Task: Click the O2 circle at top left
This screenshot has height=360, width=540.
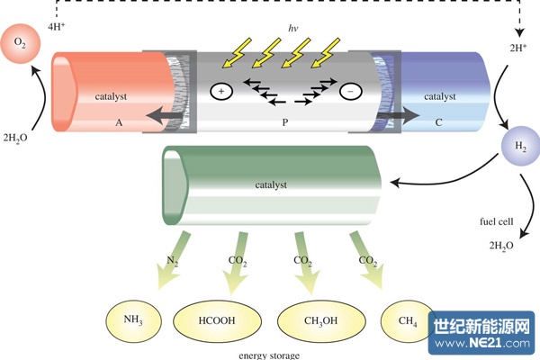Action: pyautogui.click(x=22, y=42)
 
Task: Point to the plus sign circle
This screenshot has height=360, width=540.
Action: pyautogui.click(x=220, y=90)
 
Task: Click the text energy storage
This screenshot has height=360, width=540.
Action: pyautogui.click(x=269, y=355)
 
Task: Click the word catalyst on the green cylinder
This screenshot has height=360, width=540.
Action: pyautogui.click(x=270, y=184)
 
